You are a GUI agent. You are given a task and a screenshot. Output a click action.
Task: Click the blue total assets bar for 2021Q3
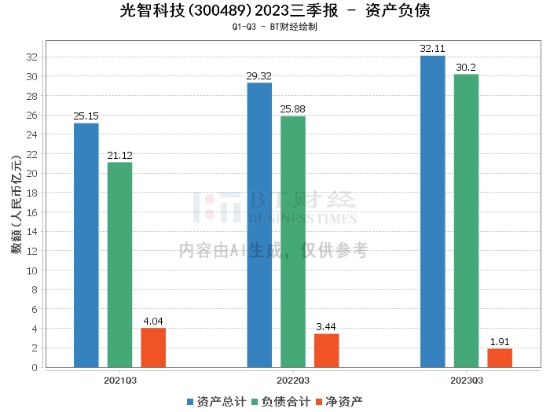(x=86, y=245)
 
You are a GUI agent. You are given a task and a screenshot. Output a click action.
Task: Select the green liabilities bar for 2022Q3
(x=293, y=241)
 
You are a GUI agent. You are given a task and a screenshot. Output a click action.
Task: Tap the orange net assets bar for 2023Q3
(x=500, y=358)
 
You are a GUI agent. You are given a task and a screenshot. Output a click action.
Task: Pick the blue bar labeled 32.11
(x=432, y=212)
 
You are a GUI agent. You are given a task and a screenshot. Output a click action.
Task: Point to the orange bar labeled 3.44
(x=327, y=351)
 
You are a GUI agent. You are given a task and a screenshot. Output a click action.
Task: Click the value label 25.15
(x=86, y=116)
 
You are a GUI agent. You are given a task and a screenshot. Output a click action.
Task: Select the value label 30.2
(x=466, y=68)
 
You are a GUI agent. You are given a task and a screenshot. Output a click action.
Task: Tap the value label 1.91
(x=500, y=342)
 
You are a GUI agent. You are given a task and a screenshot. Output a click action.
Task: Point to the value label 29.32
(x=259, y=76)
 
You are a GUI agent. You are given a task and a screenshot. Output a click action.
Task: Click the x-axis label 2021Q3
(x=120, y=381)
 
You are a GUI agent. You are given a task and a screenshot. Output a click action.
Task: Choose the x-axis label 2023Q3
(x=466, y=381)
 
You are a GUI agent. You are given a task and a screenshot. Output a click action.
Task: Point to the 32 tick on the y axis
(x=32, y=57)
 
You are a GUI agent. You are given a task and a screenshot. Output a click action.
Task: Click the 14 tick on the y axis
(x=32, y=232)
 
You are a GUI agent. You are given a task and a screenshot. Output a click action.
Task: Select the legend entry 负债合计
(x=281, y=401)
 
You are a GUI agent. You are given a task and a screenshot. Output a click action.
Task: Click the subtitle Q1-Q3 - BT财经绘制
(x=275, y=27)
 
